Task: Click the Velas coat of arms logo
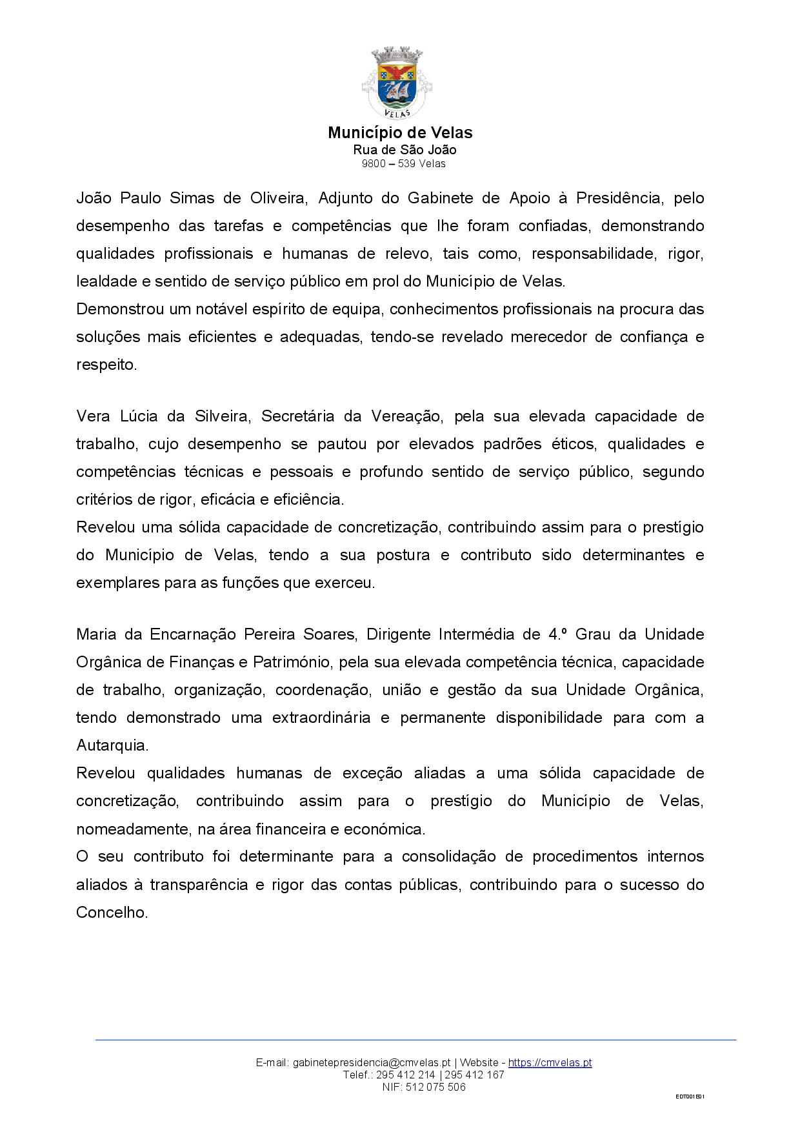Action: click(397, 83)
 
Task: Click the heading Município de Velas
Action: click(400, 133)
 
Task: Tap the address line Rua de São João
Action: click(405, 150)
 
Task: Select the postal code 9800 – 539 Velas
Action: click(403, 164)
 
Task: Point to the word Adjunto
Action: click(345, 198)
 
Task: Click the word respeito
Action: click(106, 365)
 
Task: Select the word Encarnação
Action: click(193, 634)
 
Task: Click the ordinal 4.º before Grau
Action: click(557, 634)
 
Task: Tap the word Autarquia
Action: click(112, 745)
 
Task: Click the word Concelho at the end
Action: click(112, 913)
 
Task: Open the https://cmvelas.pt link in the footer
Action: click(550, 1063)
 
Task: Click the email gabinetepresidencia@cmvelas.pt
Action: click(371, 1063)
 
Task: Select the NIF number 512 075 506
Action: click(435, 1087)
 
